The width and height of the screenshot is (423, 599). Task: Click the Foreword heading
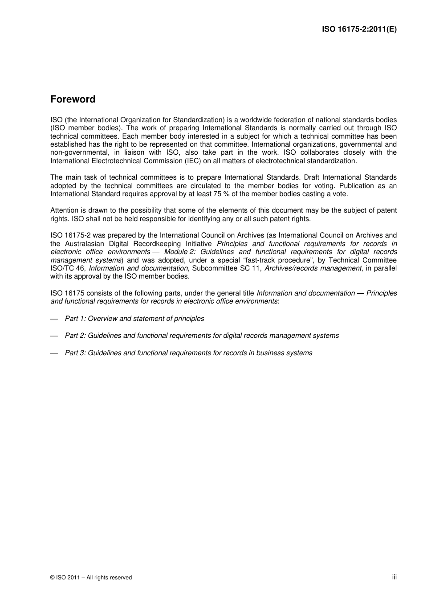click(73, 99)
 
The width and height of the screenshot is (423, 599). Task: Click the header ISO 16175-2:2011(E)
click(359, 29)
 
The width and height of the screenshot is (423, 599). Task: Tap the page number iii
click(394, 577)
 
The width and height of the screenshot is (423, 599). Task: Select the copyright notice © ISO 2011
click(91, 578)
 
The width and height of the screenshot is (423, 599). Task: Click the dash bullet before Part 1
click(54, 319)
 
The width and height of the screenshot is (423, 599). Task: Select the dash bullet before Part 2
click(54, 336)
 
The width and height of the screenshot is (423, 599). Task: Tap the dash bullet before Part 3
click(54, 353)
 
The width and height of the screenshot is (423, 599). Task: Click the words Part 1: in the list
click(75, 319)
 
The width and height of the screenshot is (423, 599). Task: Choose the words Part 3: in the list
click(75, 353)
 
